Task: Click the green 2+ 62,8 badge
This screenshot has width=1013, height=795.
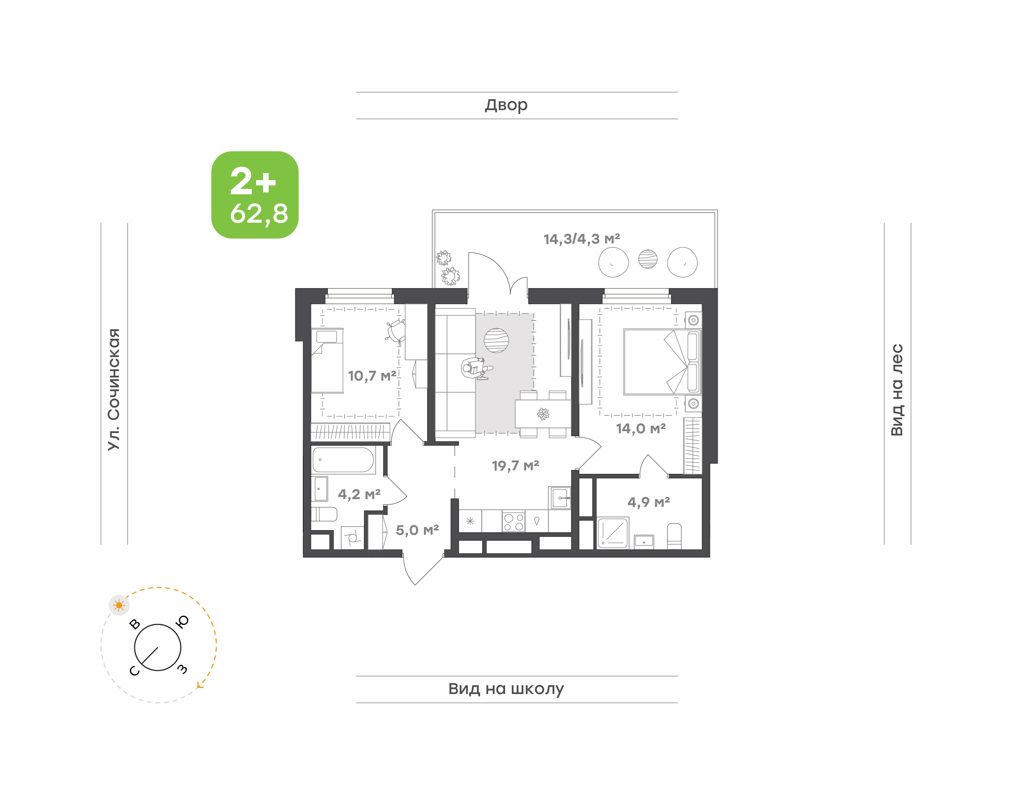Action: tap(255, 195)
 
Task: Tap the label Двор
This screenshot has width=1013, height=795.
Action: tap(506, 105)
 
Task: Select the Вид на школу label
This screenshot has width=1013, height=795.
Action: tap(506, 688)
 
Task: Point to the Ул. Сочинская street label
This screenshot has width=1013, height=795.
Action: tap(114, 389)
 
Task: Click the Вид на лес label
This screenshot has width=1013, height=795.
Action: tap(897, 390)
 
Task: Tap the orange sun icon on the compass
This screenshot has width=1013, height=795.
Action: tap(119, 605)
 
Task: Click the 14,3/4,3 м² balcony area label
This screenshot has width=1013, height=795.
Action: tap(582, 239)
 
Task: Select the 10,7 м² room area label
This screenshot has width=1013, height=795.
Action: tap(372, 376)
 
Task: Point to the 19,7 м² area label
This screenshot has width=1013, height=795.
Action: tap(516, 465)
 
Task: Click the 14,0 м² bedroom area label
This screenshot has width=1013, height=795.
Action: tap(641, 428)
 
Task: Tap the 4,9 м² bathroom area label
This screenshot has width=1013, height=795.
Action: tap(649, 502)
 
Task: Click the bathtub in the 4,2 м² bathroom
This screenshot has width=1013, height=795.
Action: tap(343, 460)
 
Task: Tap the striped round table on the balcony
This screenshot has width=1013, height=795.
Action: tap(648, 259)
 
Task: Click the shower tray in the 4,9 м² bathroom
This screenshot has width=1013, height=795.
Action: tap(613, 533)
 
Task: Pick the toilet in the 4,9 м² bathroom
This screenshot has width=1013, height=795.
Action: tap(674, 536)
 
